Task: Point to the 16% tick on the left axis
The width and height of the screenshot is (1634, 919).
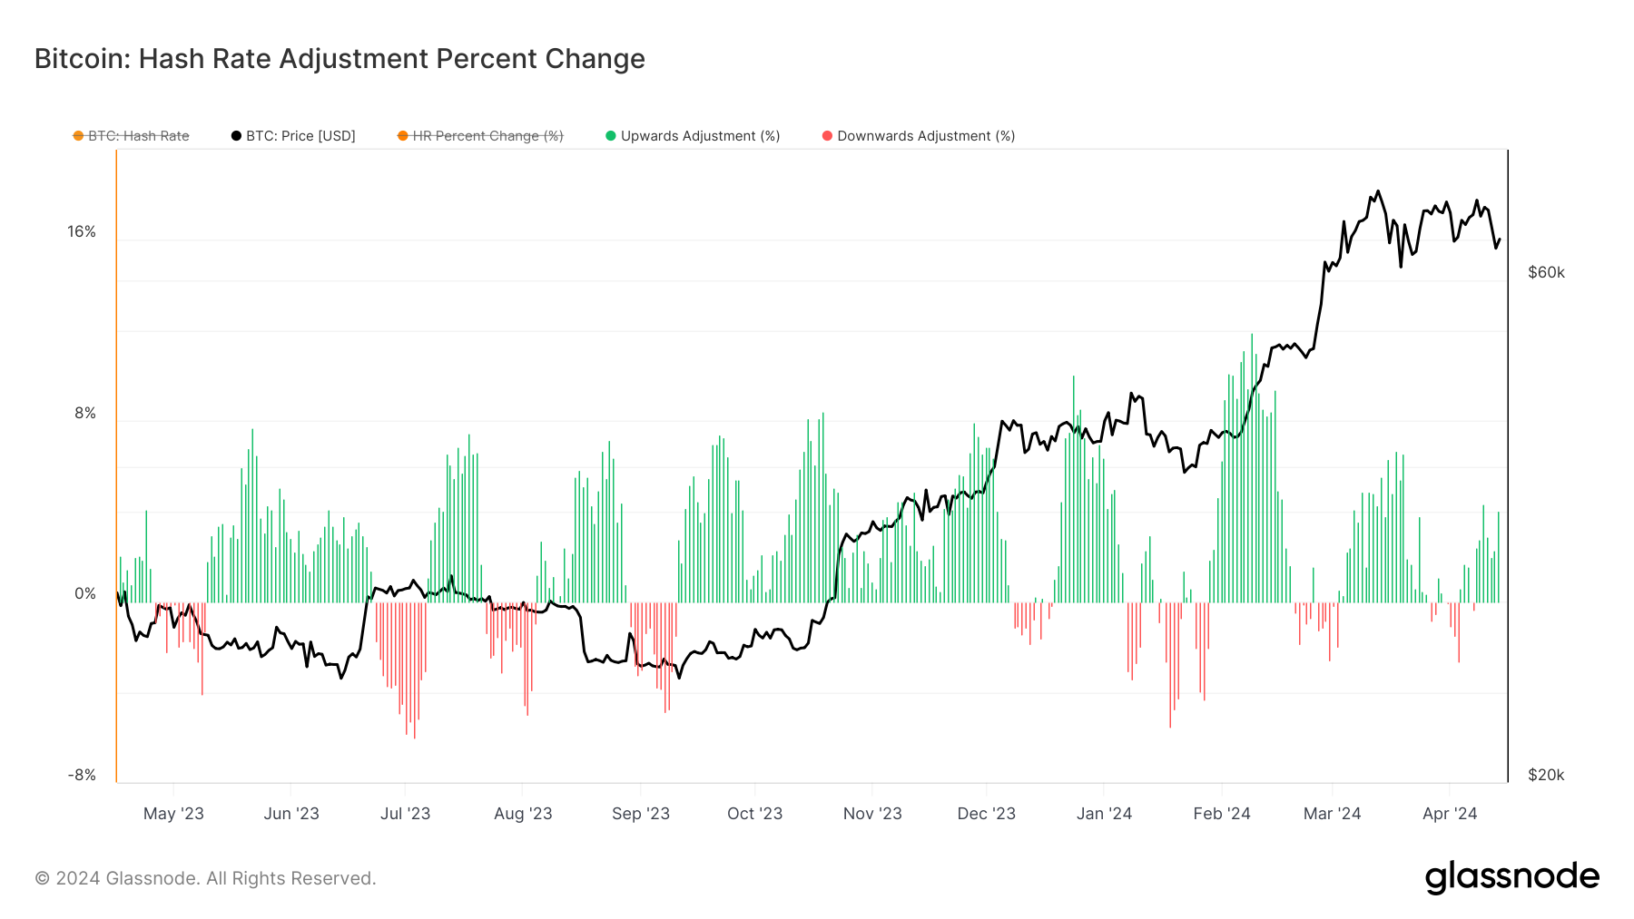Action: click(82, 232)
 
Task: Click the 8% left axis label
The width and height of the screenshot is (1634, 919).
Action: click(85, 414)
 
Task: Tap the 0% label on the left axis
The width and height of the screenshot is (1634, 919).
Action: click(85, 594)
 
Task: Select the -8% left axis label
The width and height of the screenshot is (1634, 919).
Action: click(82, 776)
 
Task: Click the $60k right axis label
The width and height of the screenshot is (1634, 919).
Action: click(1546, 273)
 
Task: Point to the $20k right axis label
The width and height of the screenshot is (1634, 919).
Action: click(1546, 776)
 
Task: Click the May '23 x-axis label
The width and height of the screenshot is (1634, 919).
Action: click(173, 814)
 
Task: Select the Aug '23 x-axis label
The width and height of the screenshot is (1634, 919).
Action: click(523, 814)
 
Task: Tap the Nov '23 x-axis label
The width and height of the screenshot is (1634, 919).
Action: click(872, 814)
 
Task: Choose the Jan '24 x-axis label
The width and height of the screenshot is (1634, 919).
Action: click(1104, 814)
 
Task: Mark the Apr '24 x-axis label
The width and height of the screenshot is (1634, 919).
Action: click(1450, 814)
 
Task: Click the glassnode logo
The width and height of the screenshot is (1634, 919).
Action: click(1511, 877)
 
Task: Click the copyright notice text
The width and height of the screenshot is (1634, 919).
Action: click(205, 878)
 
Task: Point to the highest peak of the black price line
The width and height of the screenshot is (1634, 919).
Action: click(1378, 191)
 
